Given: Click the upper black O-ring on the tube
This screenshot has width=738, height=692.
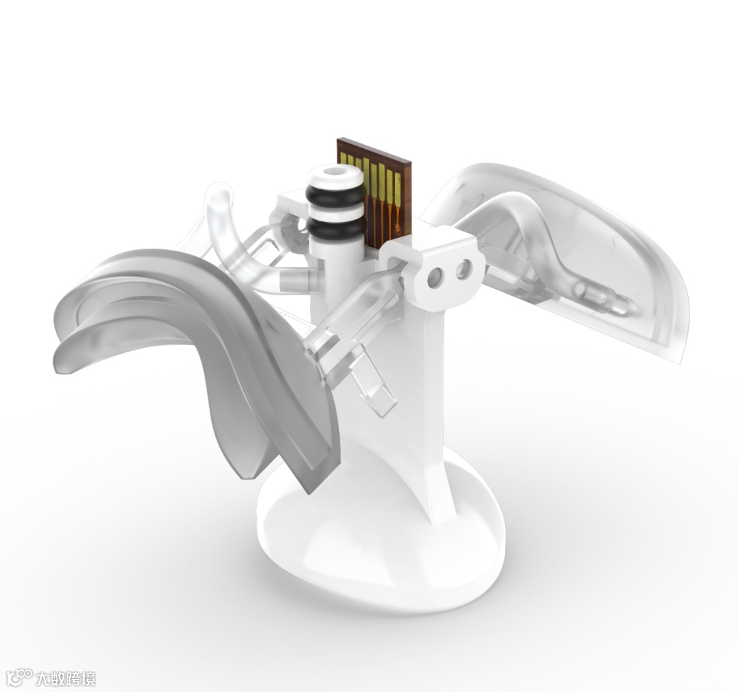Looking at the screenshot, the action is point(335,194).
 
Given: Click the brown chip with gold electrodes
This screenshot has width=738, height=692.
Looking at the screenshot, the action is point(374,193).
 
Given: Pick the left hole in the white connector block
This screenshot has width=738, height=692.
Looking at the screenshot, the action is point(435,277).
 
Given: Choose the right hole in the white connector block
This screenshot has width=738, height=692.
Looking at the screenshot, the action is point(463,268).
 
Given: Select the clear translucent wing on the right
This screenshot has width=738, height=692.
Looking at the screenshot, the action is point(565,254).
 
